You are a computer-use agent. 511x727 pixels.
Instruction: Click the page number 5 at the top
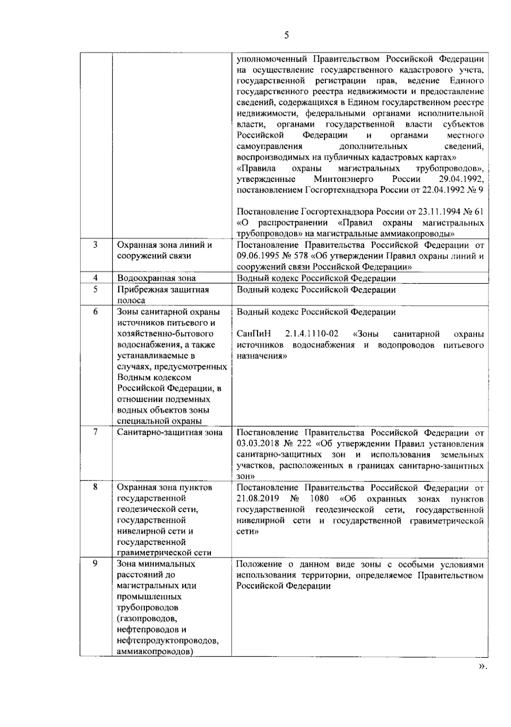pos(286,35)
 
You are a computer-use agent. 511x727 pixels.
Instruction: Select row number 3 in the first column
pos(95,245)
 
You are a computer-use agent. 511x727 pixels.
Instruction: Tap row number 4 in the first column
pos(95,278)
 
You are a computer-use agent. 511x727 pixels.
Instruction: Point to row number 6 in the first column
pos(95,312)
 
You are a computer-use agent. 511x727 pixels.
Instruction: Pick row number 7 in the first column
pos(95,432)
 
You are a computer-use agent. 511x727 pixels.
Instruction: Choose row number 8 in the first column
pos(95,487)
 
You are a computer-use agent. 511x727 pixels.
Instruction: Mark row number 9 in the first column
pos(95,564)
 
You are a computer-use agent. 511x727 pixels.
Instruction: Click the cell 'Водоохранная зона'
pos(156,278)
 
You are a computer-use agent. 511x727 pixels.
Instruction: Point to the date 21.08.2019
pos(257,499)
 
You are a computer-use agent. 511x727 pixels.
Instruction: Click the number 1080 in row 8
pos(319,499)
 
